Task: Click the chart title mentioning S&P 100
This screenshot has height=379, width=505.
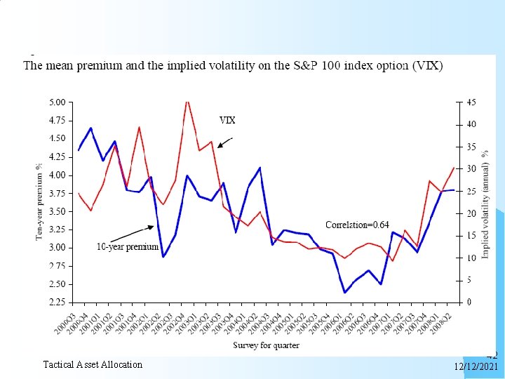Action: (233, 67)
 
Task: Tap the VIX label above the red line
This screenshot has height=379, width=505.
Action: (227, 120)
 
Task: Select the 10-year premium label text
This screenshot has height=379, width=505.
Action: (127, 247)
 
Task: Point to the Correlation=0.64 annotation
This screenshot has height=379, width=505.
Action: (357, 225)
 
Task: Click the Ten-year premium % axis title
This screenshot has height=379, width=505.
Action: (39, 202)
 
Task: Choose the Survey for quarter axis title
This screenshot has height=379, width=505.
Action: (266, 345)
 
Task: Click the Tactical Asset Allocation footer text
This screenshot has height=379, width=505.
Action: (93, 364)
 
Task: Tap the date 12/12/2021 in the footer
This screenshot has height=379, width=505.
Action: (476, 366)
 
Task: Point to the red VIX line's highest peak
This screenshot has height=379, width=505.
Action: (187, 102)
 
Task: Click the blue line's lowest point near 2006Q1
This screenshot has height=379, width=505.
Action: (344, 292)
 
